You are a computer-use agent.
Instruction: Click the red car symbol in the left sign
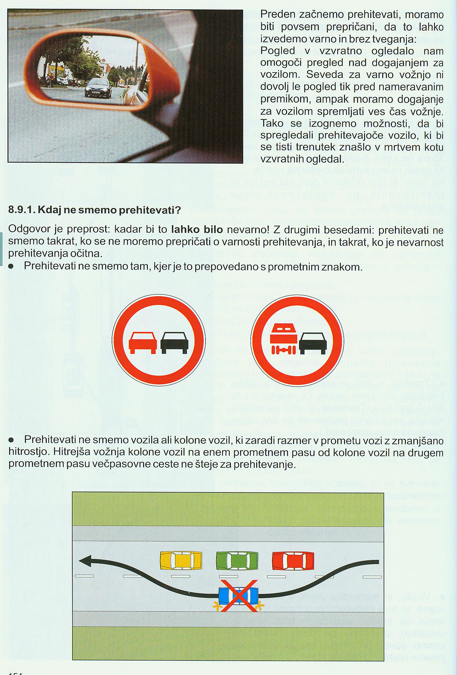[143, 343]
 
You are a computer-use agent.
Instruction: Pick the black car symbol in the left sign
[174, 343]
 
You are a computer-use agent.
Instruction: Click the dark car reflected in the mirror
[98, 88]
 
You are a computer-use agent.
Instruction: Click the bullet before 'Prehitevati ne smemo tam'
[11, 267]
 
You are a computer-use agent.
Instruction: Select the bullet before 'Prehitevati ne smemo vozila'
[11, 440]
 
